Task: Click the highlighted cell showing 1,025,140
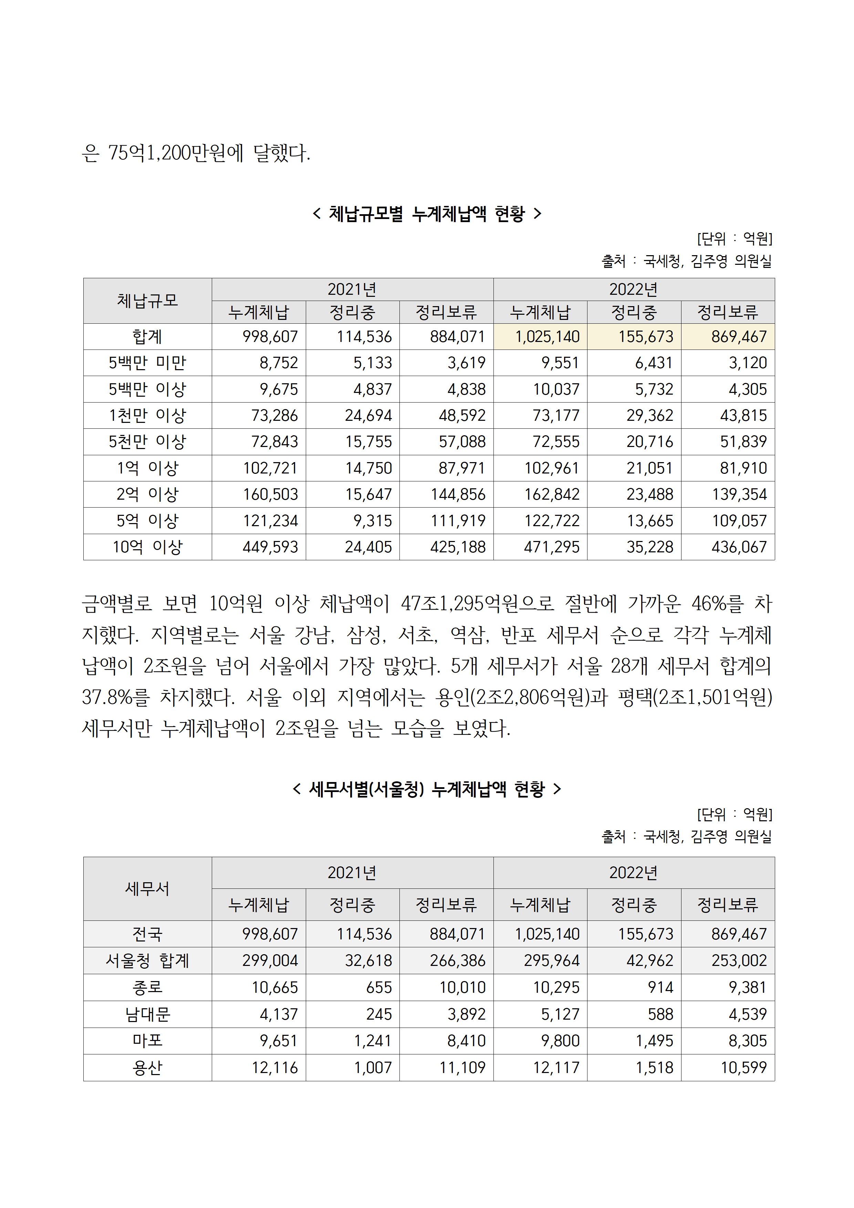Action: click(547, 337)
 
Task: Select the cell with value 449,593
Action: click(270, 547)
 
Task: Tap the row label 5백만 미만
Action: click(147, 363)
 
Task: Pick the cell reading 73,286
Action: click(274, 416)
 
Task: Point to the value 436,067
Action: click(739, 547)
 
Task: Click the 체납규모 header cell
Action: click(147, 301)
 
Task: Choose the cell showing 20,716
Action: click(649, 442)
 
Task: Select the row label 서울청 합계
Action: click(147, 961)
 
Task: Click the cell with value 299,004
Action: click(270, 961)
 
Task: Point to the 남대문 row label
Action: click(147, 1014)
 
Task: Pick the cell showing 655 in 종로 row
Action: click(379, 988)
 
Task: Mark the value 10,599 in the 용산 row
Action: click(743, 1068)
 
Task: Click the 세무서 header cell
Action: click(147, 889)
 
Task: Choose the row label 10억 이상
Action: click(147, 547)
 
